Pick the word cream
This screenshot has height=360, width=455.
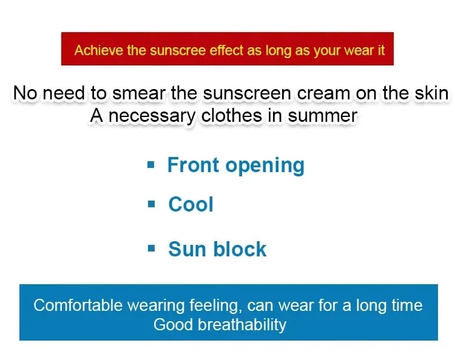[x=324, y=93]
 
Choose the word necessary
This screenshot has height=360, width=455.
[x=152, y=116]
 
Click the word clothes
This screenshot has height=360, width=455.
[x=232, y=115]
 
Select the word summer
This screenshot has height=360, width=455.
[x=322, y=116]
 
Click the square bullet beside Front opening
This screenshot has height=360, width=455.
[x=151, y=165]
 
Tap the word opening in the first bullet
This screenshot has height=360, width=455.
[x=265, y=166]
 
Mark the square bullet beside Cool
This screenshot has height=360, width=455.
[x=151, y=204]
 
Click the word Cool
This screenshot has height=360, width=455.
[x=191, y=204]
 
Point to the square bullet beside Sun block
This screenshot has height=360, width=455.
[x=151, y=248]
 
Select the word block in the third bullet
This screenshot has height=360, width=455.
[x=240, y=248]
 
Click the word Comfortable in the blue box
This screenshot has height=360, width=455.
[x=78, y=305]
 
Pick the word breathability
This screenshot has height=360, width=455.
[x=242, y=325]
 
